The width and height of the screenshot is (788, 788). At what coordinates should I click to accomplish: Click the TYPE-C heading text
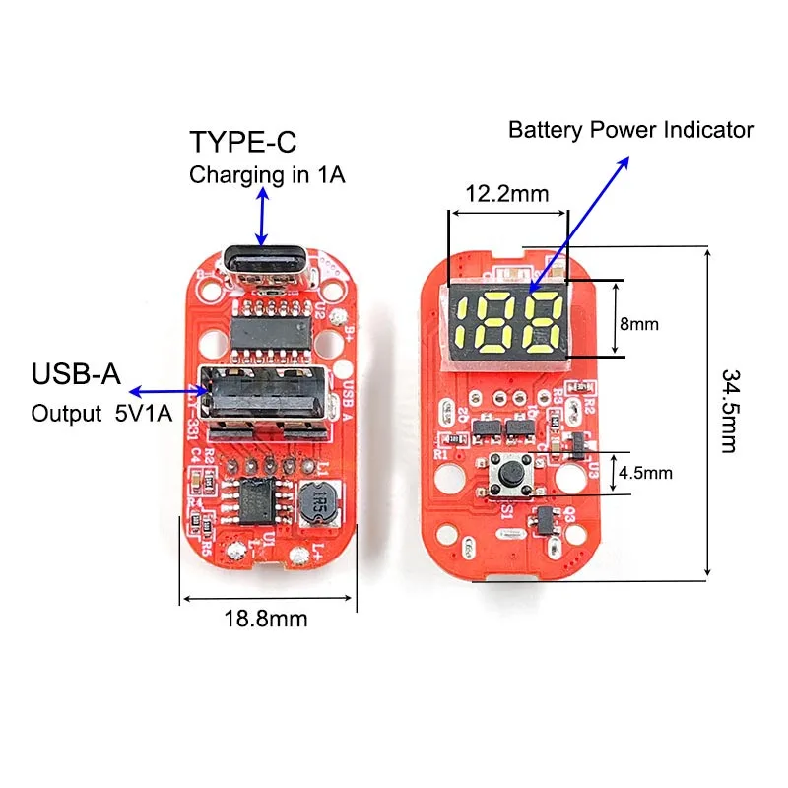click(x=242, y=143)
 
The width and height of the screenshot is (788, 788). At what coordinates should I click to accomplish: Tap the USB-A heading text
click(x=76, y=375)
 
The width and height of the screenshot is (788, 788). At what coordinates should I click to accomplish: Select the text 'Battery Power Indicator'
click(x=630, y=129)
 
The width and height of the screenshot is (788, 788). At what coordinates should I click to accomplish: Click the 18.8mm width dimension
click(x=266, y=619)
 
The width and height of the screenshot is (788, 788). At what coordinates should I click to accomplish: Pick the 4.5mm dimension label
click(x=645, y=473)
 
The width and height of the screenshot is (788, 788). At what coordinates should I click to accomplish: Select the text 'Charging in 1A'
click(x=267, y=177)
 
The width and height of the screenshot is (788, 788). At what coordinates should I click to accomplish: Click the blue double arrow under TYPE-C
click(x=261, y=217)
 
